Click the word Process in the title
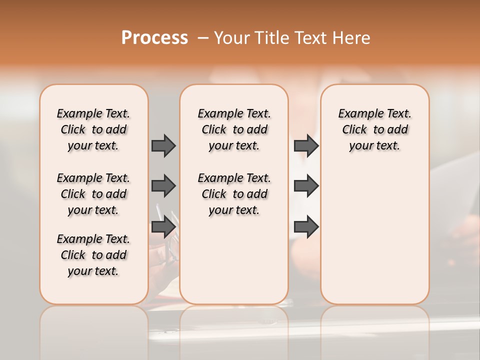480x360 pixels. click(x=154, y=38)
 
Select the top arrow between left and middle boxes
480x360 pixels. click(x=163, y=145)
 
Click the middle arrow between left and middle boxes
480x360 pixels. click(x=163, y=186)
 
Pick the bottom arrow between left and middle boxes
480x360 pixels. click(x=163, y=227)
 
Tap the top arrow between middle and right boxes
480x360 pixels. click(x=306, y=145)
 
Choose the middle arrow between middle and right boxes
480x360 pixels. click(x=306, y=186)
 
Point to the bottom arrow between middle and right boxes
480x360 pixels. click(x=306, y=227)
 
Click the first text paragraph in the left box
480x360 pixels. click(x=93, y=129)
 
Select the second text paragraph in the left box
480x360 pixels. click(x=93, y=194)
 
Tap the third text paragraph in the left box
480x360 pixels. click(x=93, y=255)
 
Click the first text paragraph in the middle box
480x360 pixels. click(x=234, y=129)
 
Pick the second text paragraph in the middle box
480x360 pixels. click(x=234, y=194)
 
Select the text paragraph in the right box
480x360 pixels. click(x=374, y=129)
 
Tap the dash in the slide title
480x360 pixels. click(x=203, y=38)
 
